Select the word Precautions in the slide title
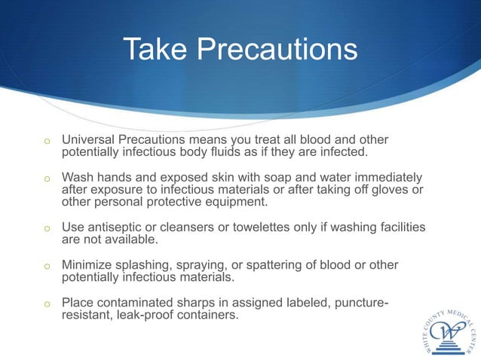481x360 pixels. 276,50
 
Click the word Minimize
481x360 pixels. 88,265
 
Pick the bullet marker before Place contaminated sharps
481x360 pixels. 46,304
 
